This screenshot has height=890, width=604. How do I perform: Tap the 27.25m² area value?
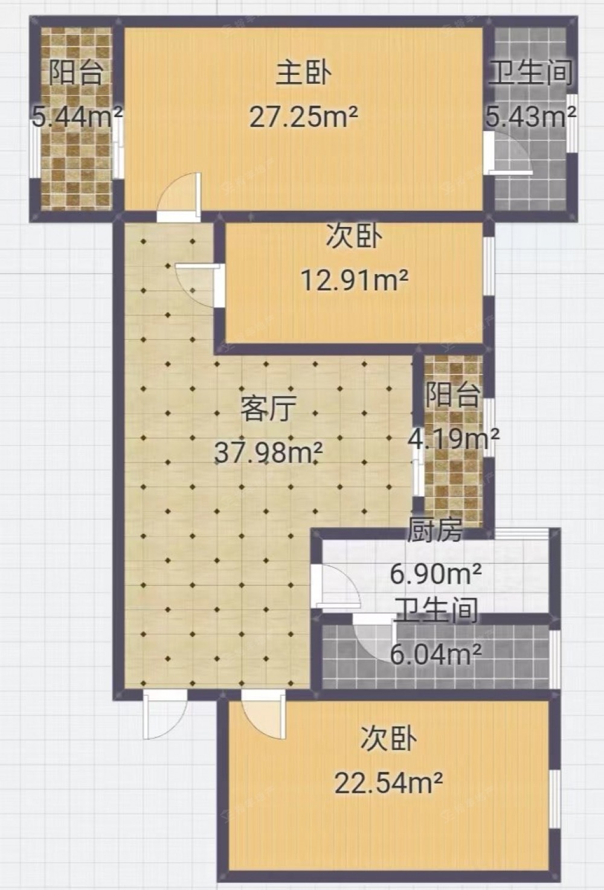[x=304, y=117]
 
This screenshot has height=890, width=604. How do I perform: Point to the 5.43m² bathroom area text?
[x=532, y=117]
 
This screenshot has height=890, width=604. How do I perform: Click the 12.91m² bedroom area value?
[x=355, y=280]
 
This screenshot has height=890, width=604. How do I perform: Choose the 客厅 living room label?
[x=269, y=409]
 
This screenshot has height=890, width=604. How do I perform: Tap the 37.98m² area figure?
[x=268, y=452]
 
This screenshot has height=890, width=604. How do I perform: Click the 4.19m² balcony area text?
[x=454, y=438]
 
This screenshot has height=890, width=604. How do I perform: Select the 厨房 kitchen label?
[x=435, y=530]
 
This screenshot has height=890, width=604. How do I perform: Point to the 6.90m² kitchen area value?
[x=436, y=574]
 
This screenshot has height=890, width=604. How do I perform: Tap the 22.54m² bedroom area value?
[x=388, y=782]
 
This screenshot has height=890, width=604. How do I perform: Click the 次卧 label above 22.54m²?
[x=388, y=739]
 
